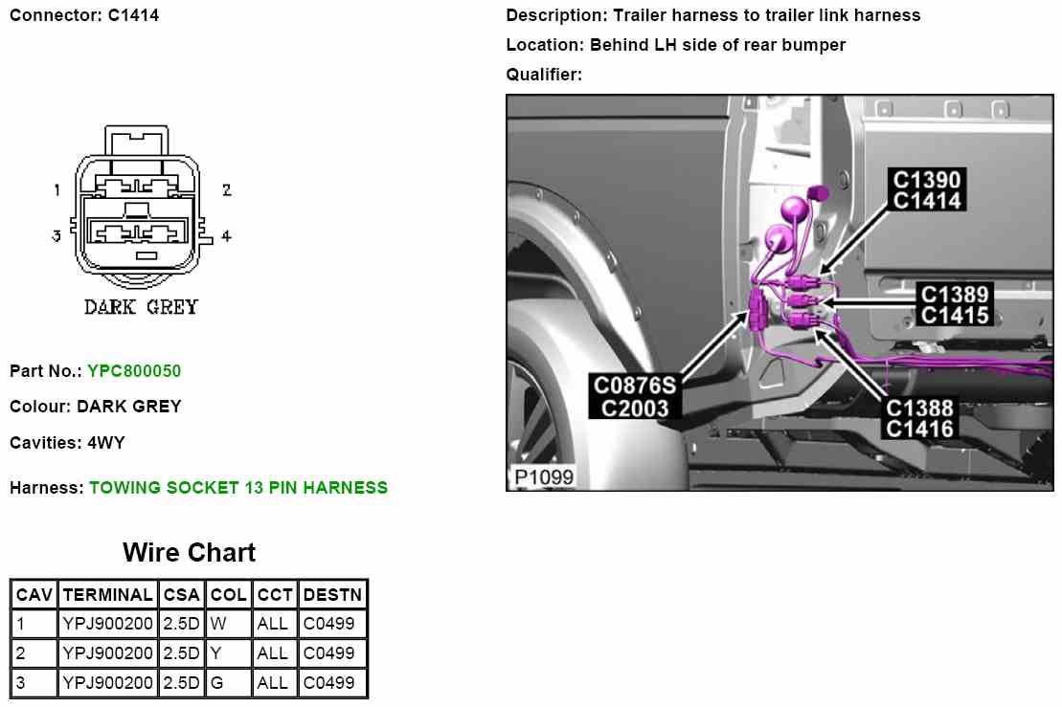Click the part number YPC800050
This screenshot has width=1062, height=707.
coord(134,371)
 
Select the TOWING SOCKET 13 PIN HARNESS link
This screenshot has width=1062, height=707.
coord(238,488)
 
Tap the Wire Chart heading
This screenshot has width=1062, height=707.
coord(189,553)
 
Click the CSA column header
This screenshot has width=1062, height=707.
coord(181,594)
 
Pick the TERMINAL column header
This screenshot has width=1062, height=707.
coord(107,594)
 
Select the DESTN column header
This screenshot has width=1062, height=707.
coord(332,594)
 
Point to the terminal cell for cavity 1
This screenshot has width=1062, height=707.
coord(107,624)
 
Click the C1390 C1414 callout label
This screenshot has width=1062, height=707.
coord(926,189)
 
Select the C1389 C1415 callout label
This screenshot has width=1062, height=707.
coord(954,305)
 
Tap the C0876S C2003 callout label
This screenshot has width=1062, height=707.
coord(635,396)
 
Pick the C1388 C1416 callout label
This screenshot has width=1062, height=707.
coord(919,418)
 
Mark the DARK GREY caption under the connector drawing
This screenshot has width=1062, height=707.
coord(141,307)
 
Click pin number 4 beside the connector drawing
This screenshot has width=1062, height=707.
coord(226,235)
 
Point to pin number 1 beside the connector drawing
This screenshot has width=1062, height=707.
coord(57,190)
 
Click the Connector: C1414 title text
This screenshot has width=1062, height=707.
coord(84,15)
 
